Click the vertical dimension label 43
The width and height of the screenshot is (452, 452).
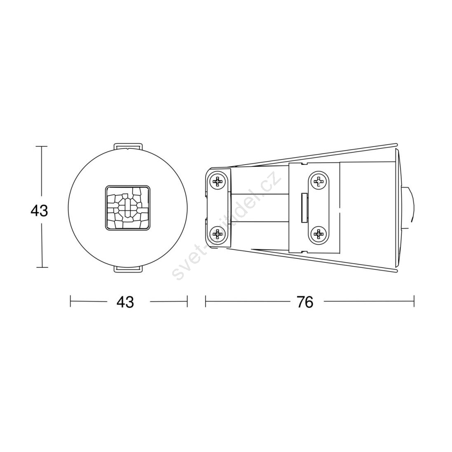pos(39,211)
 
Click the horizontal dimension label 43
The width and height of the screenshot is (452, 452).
pos(125,302)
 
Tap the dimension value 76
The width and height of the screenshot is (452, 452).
pos(304,302)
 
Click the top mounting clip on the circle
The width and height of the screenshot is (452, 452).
pos(128,146)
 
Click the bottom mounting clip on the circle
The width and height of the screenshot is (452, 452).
pos(128,269)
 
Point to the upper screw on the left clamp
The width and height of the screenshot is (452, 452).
pos(218,182)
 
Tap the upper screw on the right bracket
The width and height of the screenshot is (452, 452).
pos(319,182)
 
